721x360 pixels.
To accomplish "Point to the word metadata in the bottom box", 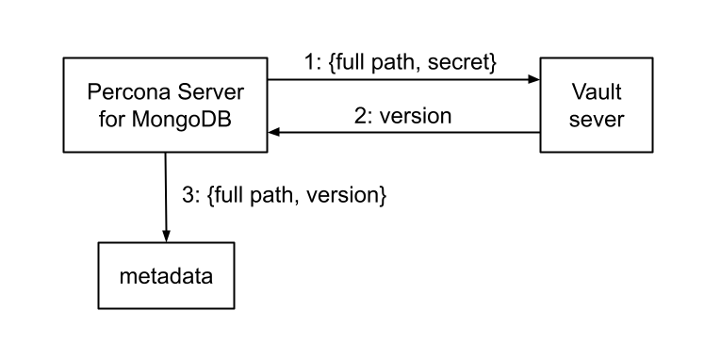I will click(166, 277).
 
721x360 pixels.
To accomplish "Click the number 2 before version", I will click(359, 117).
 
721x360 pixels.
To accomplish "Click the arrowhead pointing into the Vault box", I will click(533, 80).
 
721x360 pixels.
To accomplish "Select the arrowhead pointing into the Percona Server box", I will click(272, 133).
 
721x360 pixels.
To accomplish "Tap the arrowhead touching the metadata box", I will click(166, 238).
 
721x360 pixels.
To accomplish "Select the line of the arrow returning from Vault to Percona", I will click(405, 133).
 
